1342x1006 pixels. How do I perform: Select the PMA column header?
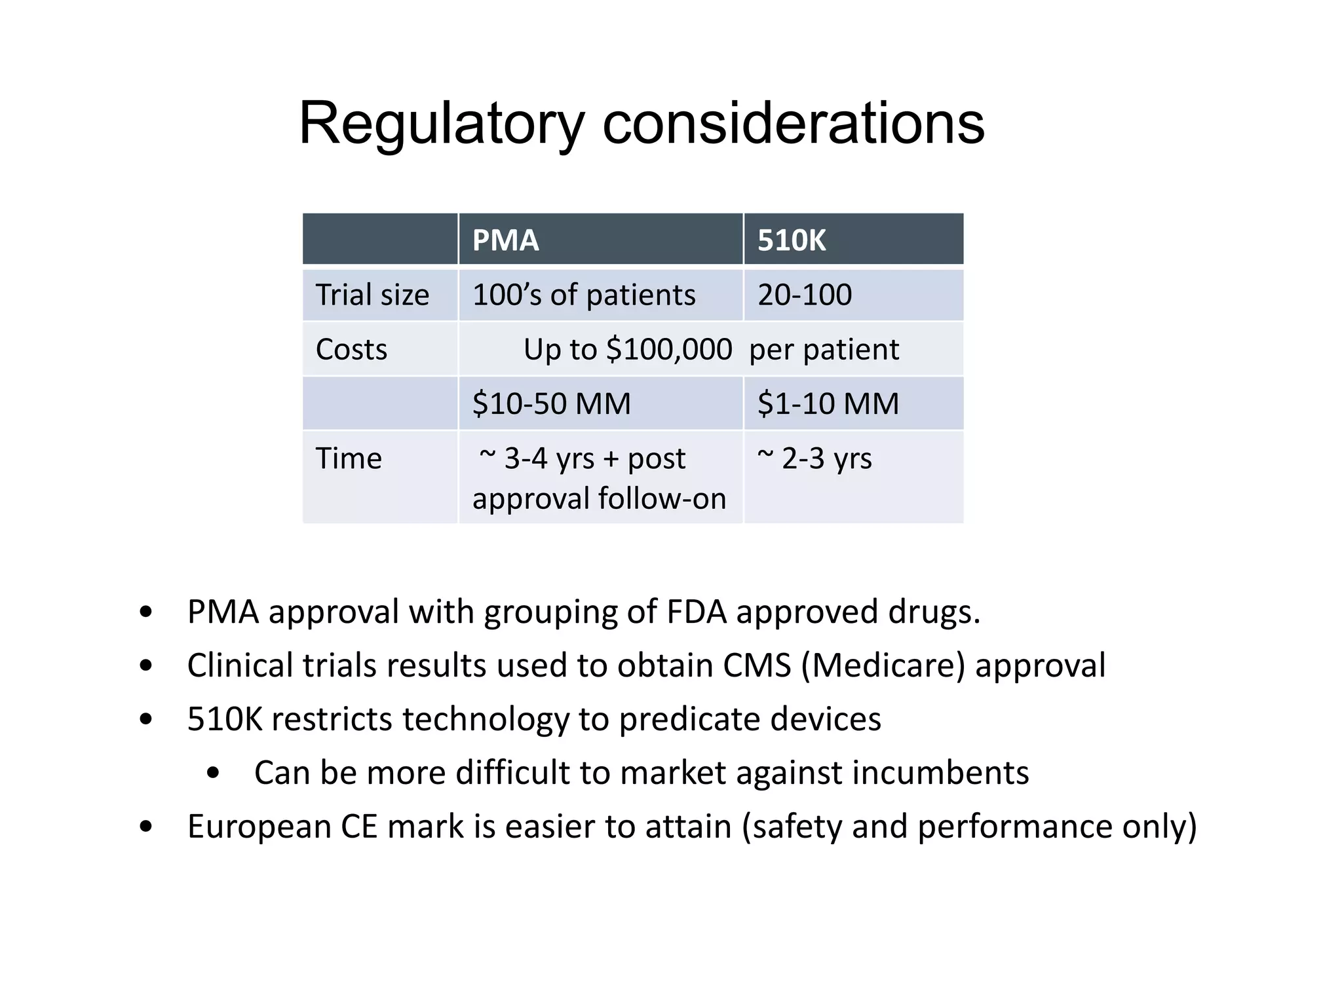click(x=505, y=240)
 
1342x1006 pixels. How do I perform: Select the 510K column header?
click(x=791, y=240)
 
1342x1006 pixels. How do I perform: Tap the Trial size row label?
click(x=372, y=295)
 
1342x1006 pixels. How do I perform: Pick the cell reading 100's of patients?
click(x=583, y=295)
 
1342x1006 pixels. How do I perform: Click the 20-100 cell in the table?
click(x=805, y=295)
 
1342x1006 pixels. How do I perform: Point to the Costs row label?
click(x=351, y=349)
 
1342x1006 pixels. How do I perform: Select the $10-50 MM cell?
click(x=551, y=403)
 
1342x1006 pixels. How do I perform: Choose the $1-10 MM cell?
click(x=828, y=403)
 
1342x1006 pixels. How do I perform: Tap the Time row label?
click(x=348, y=458)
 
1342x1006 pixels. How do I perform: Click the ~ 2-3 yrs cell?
click(x=815, y=458)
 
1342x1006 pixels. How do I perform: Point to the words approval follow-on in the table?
click(x=599, y=498)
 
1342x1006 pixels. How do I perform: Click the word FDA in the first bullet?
click(x=697, y=612)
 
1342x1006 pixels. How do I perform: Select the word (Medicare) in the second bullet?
click(x=883, y=665)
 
